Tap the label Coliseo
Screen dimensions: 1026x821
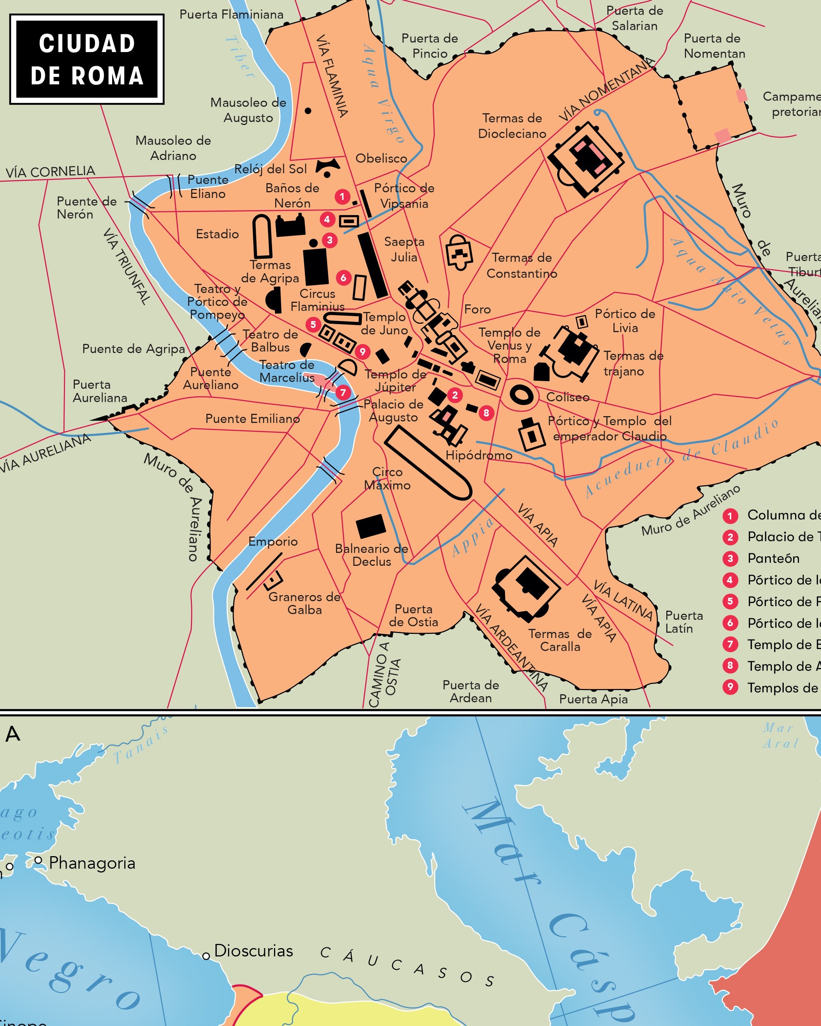click(567, 397)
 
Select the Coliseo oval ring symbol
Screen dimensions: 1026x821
click(521, 394)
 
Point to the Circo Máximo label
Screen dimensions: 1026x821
click(387, 478)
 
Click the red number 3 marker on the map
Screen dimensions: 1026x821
click(330, 240)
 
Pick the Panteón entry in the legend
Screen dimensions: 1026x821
click(773, 558)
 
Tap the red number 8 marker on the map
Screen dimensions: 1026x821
click(486, 413)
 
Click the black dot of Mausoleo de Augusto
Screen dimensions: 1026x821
click(308, 111)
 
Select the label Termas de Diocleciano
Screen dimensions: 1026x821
click(512, 126)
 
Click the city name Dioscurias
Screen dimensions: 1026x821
click(253, 950)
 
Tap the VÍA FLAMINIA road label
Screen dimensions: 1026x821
click(332, 76)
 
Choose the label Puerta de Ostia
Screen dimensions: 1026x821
click(413, 615)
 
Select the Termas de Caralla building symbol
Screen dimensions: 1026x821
click(527, 588)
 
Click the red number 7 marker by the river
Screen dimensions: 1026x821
click(343, 393)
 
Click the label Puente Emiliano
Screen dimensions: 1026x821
click(252, 418)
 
